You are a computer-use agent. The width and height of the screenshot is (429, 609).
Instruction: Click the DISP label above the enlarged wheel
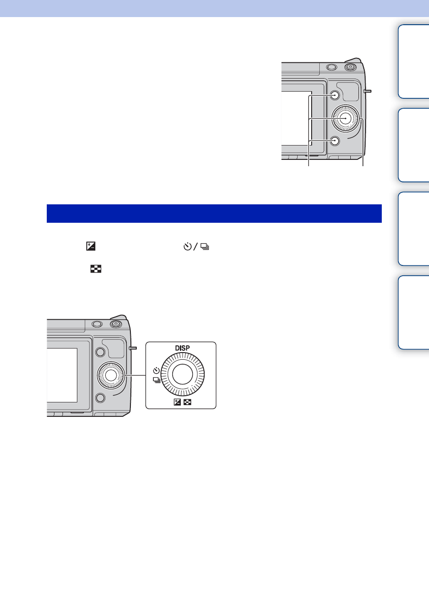183,348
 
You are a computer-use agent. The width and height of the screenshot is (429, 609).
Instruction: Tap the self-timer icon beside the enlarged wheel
156,370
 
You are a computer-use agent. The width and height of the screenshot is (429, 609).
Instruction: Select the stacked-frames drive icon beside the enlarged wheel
156,380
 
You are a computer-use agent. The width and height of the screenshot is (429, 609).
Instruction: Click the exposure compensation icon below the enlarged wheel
177,402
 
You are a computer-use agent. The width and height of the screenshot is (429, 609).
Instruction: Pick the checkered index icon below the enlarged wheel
187,402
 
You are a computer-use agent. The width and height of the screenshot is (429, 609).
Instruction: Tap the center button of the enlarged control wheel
183,374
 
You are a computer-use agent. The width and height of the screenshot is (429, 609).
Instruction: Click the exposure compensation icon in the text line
91,246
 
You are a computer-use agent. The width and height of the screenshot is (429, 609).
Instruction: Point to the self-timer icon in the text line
188,247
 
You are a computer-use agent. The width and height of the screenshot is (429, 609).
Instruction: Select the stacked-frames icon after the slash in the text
205,247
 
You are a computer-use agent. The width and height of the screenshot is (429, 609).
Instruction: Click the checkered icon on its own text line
96,269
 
